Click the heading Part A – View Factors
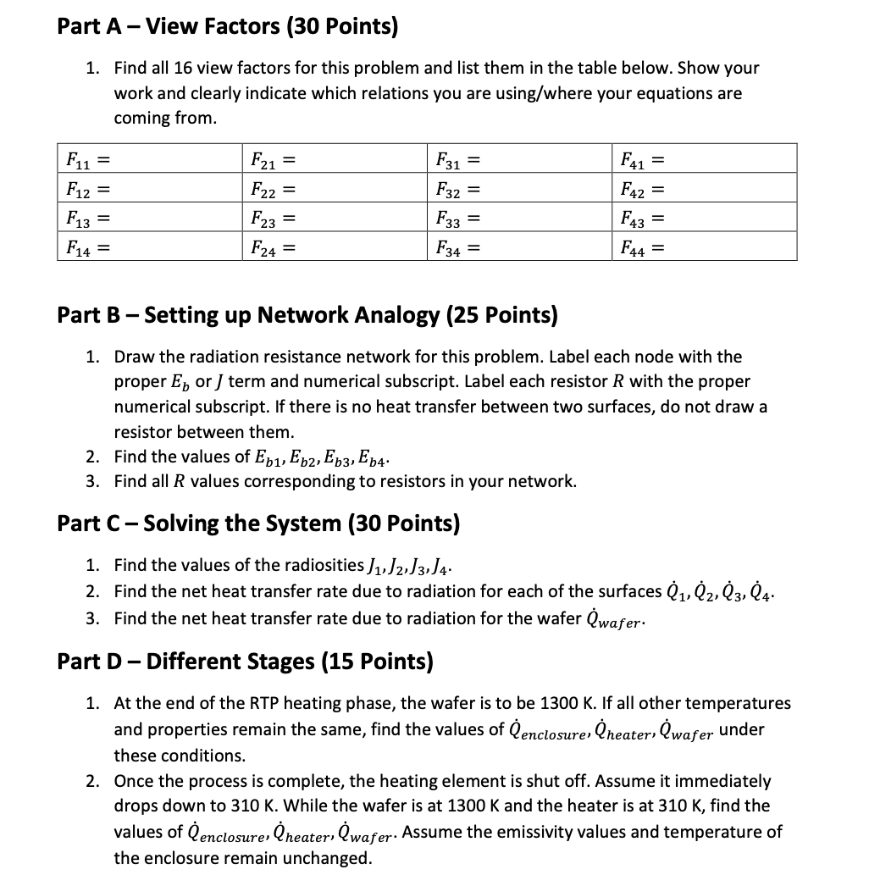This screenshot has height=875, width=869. (x=227, y=26)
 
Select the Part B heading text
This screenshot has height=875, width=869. (x=307, y=316)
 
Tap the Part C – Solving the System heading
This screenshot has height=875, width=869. (x=258, y=523)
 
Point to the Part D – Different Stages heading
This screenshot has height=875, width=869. (x=245, y=661)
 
